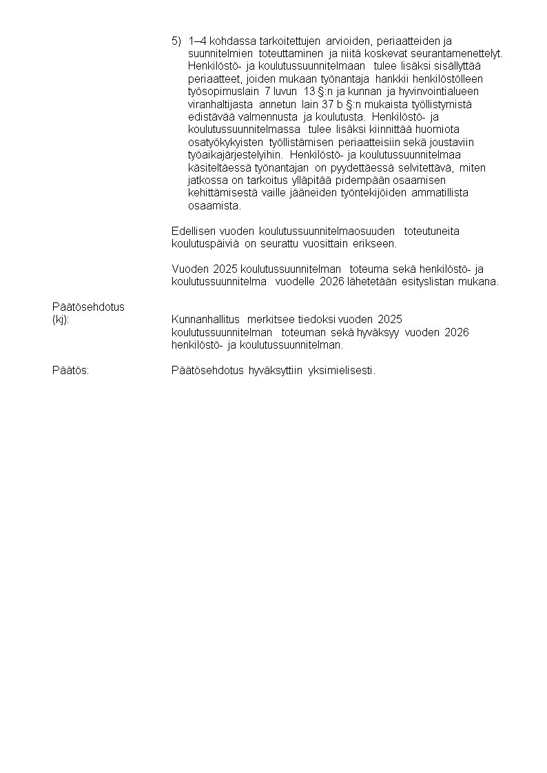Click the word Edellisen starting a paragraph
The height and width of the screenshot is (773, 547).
coord(193,231)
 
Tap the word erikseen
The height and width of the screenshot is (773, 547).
coord(375,243)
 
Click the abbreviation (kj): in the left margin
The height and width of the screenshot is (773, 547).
coord(61,320)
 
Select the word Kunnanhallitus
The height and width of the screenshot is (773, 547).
coord(205,320)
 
